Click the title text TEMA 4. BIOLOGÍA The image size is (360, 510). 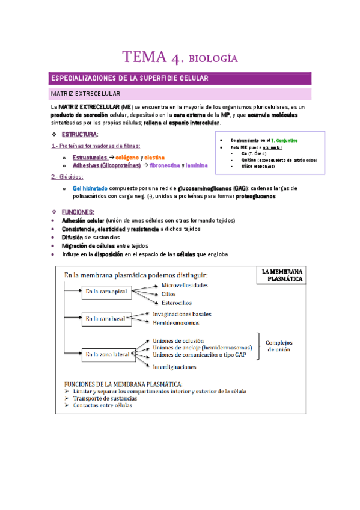tap(180, 58)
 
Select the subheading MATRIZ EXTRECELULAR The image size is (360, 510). tap(86, 94)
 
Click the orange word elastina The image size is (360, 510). tap(156, 157)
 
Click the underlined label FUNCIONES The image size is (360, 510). tap(78, 212)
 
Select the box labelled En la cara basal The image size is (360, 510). tap(106, 318)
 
